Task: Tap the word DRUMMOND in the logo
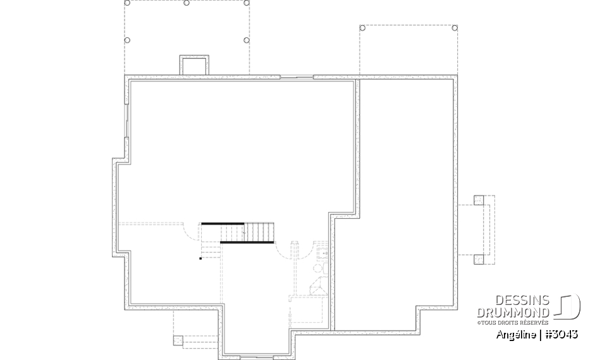pyautogui.click(x=513, y=313)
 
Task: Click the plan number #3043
pyautogui.click(x=561, y=334)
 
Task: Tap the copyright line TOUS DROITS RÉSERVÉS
pyautogui.click(x=513, y=322)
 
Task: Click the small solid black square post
pyautogui.click(x=200, y=258)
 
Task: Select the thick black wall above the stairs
pyautogui.click(x=223, y=223)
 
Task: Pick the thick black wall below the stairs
pyautogui.click(x=247, y=242)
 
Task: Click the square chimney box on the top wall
pyautogui.click(x=194, y=65)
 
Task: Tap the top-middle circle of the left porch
pyautogui.click(x=187, y=3)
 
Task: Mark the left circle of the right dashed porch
pyautogui.click(x=362, y=28)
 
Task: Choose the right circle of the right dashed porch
pyautogui.click(x=455, y=28)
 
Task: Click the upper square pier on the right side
pyautogui.click(x=478, y=201)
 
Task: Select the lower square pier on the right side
pyautogui.click(x=478, y=258)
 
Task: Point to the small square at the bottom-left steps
pyautogui.click(x=178, y=340)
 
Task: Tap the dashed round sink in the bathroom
pyautogui.click(x=318, y=268)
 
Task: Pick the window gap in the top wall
pyautogui.click(x=297, y=77)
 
